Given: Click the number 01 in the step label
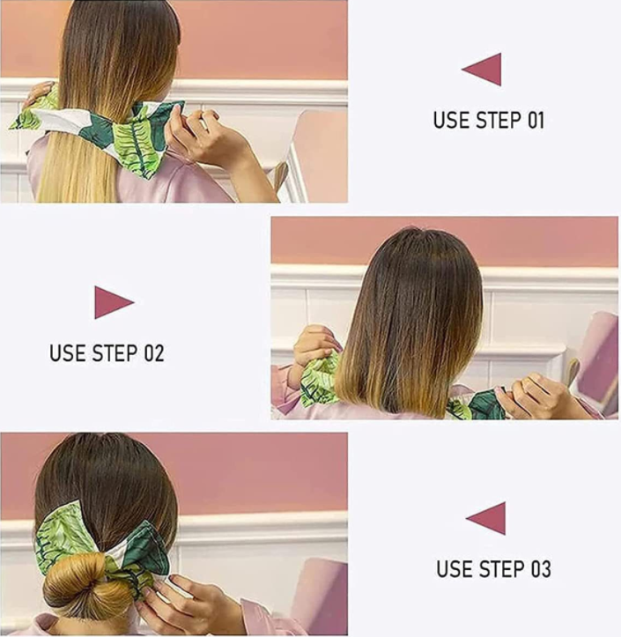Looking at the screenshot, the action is pyautogui.click(x=536, y=120).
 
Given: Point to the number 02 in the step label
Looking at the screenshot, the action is pyautogui.click(x=154, y=353).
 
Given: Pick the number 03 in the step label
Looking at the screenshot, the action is pyautogui.click(x=542, y=569).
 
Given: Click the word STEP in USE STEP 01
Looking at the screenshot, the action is pyautogui.click(x=499, y=120).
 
